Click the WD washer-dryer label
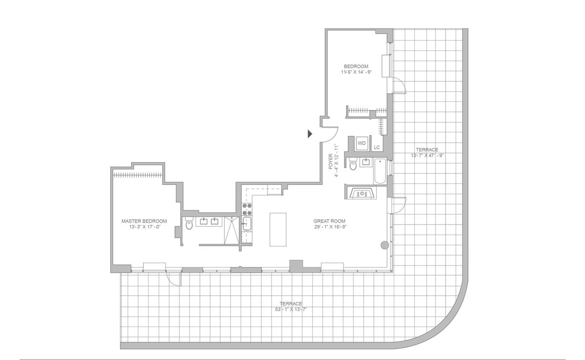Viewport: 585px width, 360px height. click(x=361, y=143)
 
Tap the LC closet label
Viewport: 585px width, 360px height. click(x=376, y=148)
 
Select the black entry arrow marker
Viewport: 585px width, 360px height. click(x=310, y=134)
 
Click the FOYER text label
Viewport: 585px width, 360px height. click(x=331, y=161)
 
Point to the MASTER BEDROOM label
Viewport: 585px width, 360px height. click(x=144, y=221)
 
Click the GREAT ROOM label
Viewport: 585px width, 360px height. click(x=330, y=221)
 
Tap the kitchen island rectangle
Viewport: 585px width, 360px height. click(x=278, y=229)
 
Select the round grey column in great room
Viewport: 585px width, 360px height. click(x=385, y=245)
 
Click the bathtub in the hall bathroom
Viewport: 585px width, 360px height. click(x=380, y=171)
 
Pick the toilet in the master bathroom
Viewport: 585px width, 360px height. click(x=189, y=224)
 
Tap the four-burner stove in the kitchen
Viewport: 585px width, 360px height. click(x=247, y=209)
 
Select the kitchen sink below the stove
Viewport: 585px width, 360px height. click(x=247, y=224)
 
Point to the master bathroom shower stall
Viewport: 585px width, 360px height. click(x=232, y=230)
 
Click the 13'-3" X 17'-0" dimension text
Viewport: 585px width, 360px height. click(x=144, y=227)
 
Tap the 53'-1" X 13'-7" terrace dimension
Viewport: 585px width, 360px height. click(x=291, y=309)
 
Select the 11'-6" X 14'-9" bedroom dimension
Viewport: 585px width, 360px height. click(x=356, y=72)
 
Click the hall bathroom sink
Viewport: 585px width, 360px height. click(x=366, y=162)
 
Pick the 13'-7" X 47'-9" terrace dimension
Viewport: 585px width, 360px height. click(x=427, y=155)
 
